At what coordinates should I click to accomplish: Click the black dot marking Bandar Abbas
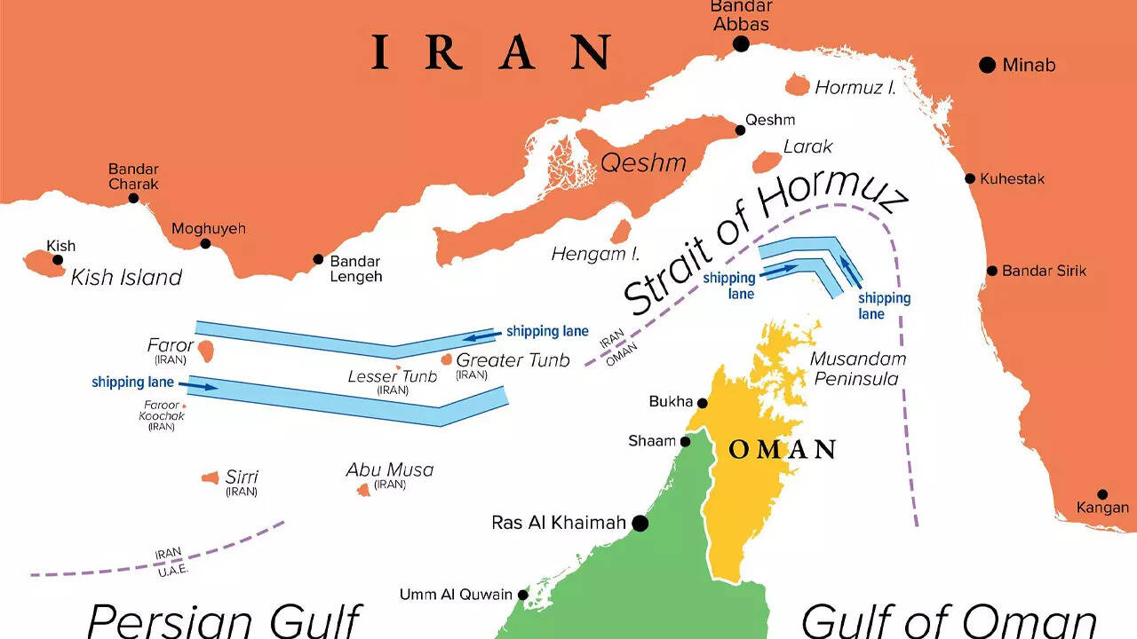[x=741, y=44]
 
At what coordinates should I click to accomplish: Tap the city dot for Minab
[x=987, y=65]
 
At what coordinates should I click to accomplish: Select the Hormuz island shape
[x=797, y=86]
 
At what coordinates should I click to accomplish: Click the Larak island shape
[x=767, y=162]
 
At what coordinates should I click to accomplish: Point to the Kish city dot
[x=58, y=260]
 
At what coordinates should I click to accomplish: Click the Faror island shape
[x=206, y=350]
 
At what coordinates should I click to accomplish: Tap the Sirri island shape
[x=211, y=478]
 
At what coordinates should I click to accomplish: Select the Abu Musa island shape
[x=363, y=489]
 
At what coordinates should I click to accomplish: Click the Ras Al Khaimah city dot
[x=639, y=524]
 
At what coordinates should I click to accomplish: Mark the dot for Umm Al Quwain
[x=523, y=595]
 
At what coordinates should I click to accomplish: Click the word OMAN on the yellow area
[x=783, y=450]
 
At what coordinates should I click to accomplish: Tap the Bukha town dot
[x=701, y=402]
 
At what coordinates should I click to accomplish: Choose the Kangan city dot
[x=1102, y=494]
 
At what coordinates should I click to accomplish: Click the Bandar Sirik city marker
[x=991, y=271]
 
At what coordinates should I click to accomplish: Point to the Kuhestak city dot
[x=970, y=178]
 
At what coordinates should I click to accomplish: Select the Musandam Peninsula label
[x=858, y=369]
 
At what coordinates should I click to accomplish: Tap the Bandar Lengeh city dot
[x=318, y=260]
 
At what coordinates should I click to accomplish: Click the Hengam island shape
[x=621, y=232]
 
